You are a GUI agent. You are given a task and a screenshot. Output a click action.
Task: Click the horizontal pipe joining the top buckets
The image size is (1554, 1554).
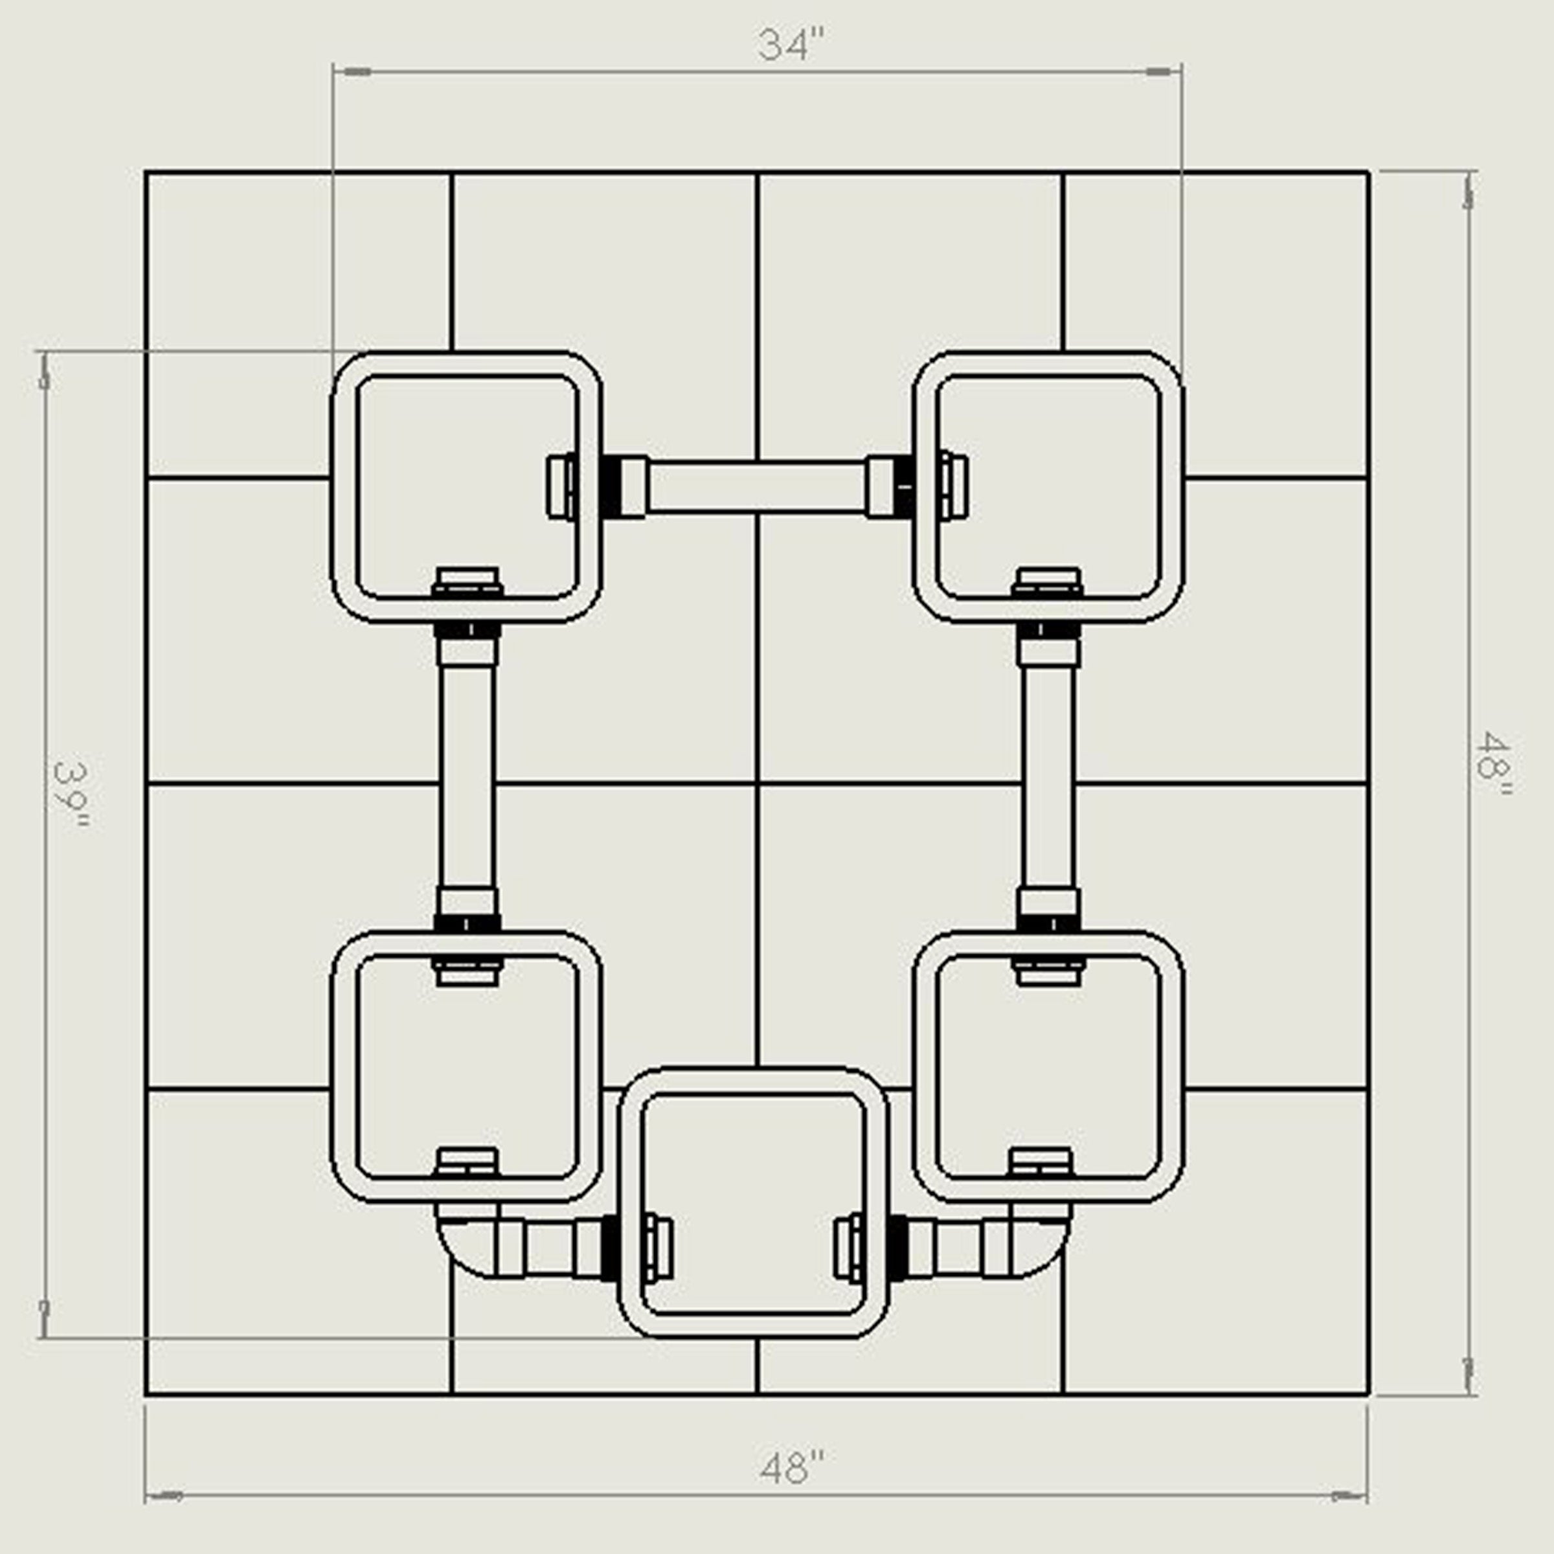pyautogui.click(x=757, y=487)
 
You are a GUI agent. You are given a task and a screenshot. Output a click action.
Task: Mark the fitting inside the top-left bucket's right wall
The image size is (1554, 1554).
pyautogui.click(x=561, y=487)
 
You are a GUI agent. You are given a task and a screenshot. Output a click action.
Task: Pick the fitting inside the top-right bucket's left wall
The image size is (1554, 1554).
pyautogui.click(x=953, y=487)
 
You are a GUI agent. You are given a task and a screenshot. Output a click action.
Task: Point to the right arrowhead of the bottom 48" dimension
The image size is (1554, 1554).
pyautogui.click(x=1348, y=1497)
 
